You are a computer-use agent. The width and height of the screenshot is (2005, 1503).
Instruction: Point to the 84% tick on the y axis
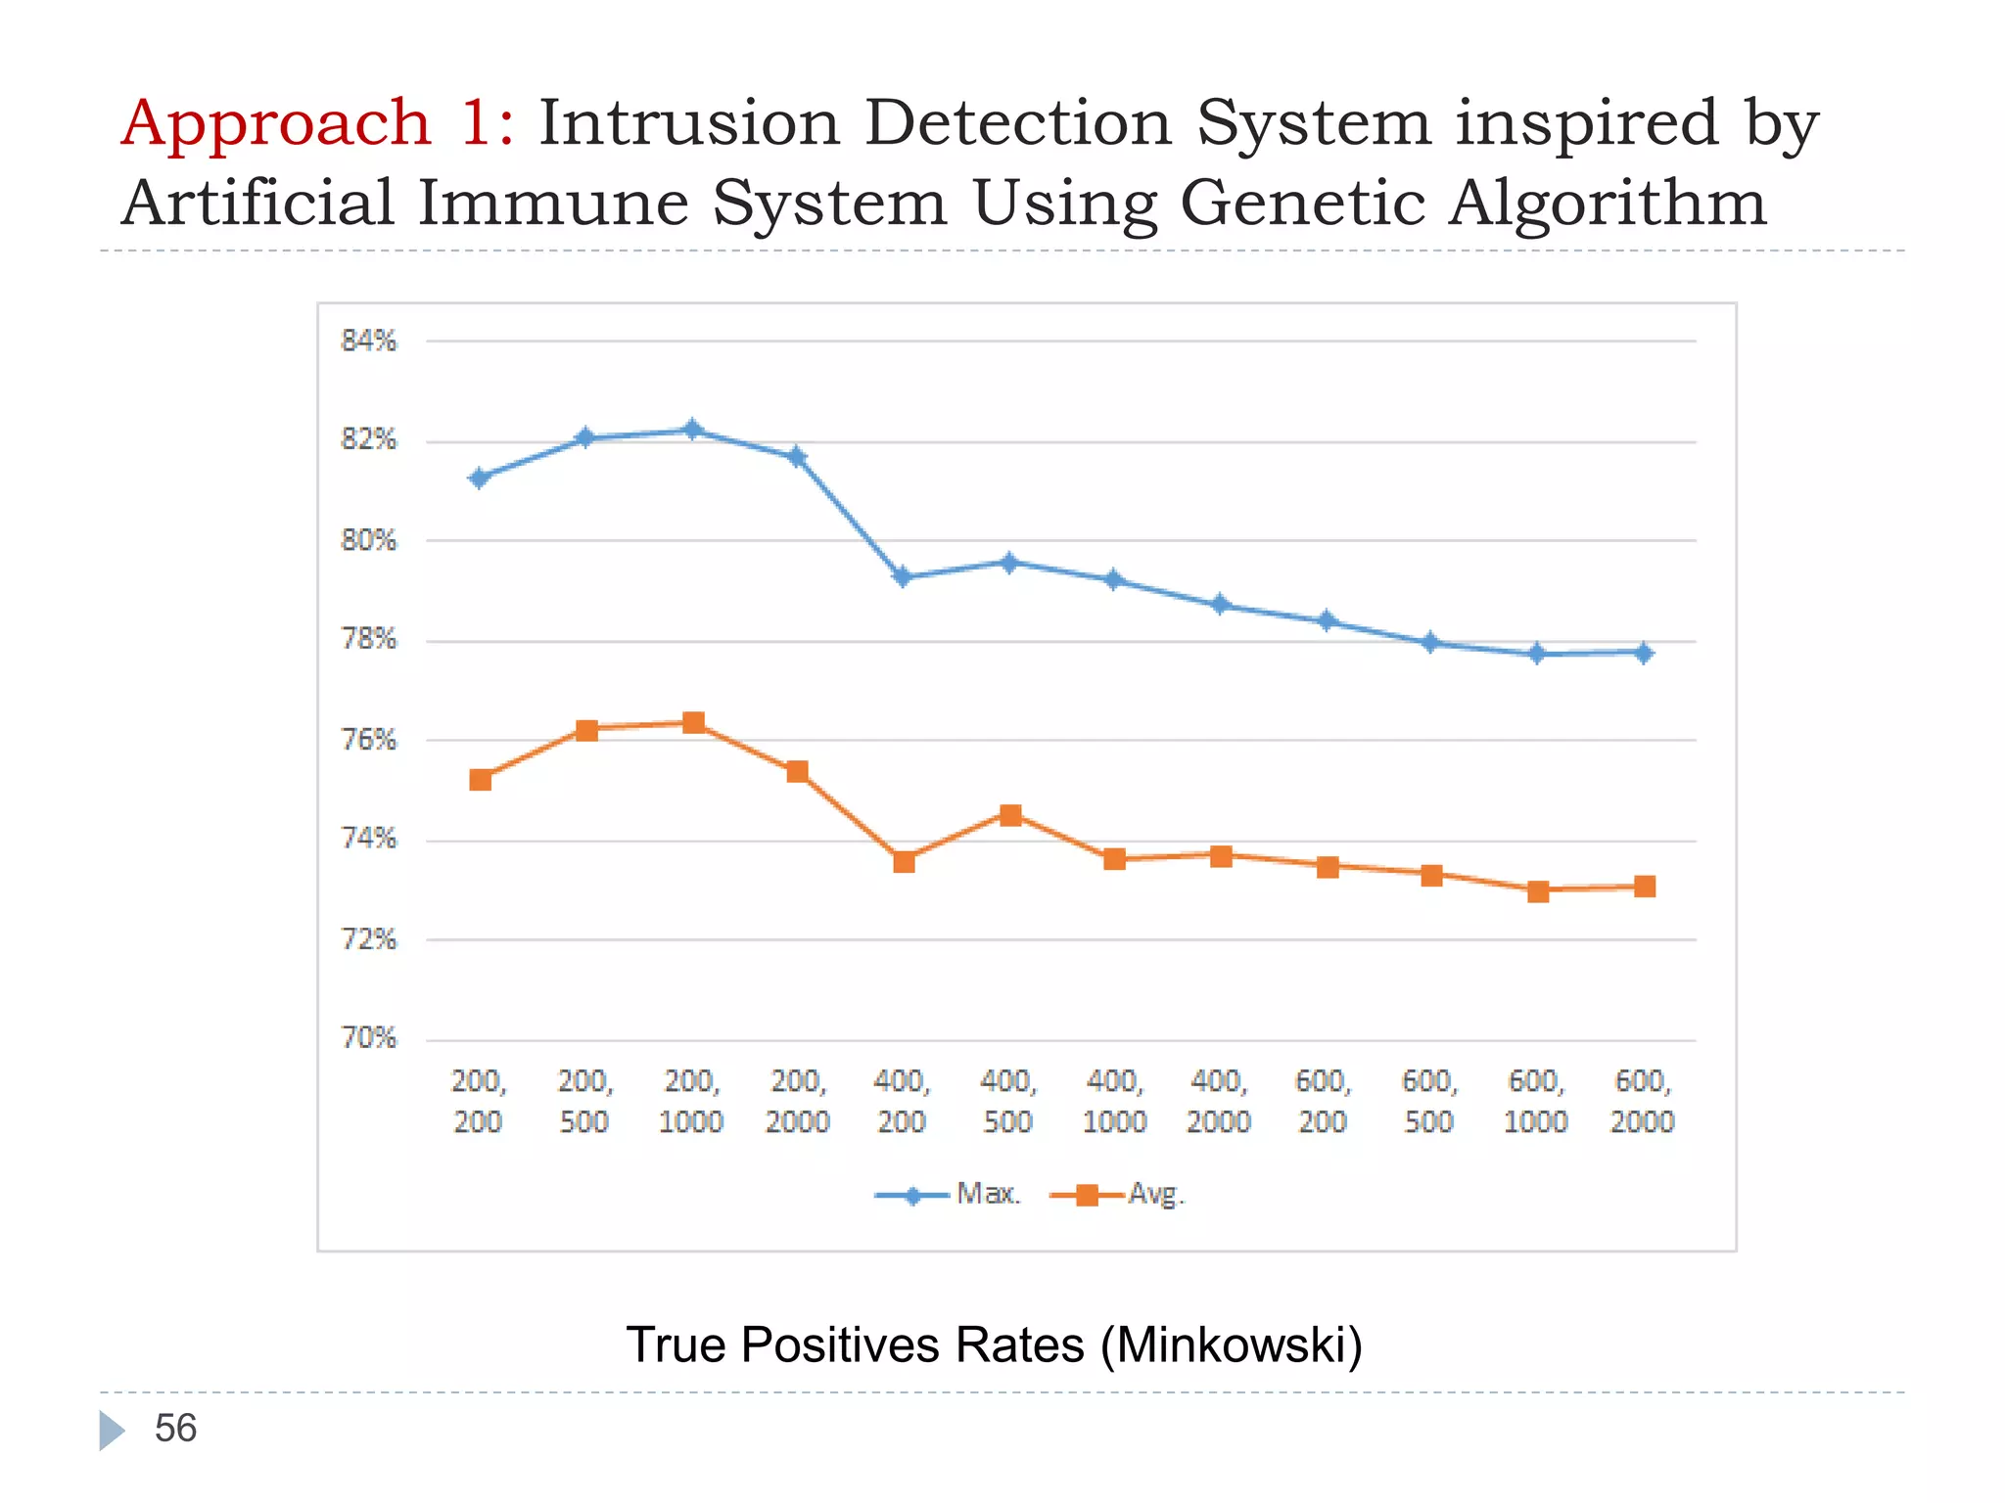coord(369,341)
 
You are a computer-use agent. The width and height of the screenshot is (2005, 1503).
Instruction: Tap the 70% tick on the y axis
coord(369,1038)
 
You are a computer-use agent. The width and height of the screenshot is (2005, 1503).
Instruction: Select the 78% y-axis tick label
coord(369,640)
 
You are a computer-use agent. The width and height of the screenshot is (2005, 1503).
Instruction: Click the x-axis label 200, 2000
coord(798,1101)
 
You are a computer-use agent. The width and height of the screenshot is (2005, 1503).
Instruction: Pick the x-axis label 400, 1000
coord(1114,1101)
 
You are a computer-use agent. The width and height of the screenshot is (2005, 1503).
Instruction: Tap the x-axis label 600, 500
coord(1429,1101)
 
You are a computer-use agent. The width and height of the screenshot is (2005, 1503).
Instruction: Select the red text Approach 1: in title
coord(317,123)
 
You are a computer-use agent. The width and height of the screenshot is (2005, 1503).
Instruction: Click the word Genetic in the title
coord(1302,204)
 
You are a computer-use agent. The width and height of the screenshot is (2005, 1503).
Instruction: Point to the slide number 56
coord(175,1429)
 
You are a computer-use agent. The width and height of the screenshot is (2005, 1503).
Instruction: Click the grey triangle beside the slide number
coord(111,1431)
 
